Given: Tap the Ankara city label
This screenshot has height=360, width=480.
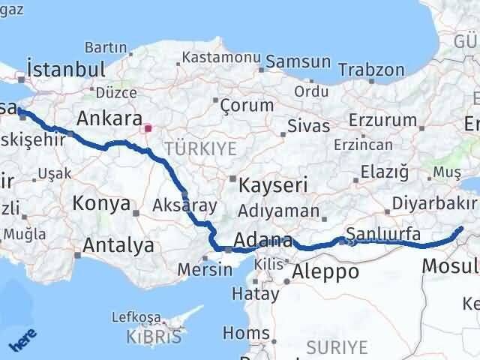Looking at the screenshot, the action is pos(109,118).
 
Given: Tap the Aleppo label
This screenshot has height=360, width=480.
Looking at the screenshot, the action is pos(325,271).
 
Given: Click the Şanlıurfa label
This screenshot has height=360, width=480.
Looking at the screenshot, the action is pos(383,234).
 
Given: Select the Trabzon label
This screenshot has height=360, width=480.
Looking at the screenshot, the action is pos(370,70).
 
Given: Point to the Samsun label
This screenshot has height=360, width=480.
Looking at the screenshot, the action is pos(298,62).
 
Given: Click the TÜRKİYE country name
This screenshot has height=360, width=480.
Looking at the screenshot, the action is pos(200,149).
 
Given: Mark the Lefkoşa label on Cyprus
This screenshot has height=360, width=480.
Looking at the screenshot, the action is pos(132,317).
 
